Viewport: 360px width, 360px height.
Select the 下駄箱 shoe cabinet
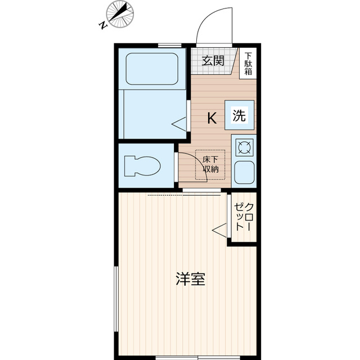pos(248,64)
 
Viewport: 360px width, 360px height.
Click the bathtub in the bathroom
pos(152,69)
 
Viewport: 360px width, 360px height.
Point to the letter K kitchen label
pos(212,118)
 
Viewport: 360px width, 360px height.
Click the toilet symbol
pos(144,166)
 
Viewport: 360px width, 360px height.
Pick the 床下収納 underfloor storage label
pos(211,164)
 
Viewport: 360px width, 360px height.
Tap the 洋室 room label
pos(190,278)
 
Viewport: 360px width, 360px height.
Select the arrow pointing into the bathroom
pos(179,124)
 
